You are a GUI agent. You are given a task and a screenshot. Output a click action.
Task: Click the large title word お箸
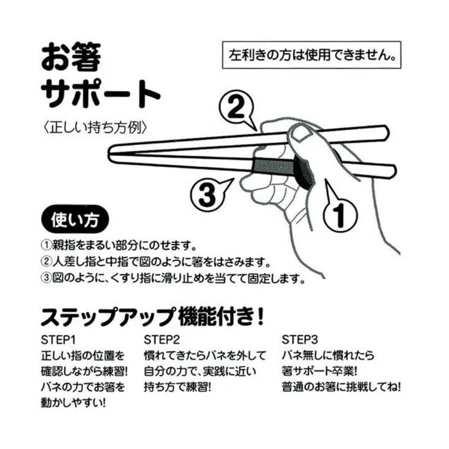(70, 57)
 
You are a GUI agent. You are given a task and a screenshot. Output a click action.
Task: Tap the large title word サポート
(100, 93)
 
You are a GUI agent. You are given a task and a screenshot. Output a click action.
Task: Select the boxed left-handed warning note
(312, 55)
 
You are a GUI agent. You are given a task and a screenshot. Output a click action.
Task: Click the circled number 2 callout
(236, 108)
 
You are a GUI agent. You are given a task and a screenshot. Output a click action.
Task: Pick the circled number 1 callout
(340, 213)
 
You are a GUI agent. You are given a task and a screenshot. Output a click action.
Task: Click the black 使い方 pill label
(75, 220)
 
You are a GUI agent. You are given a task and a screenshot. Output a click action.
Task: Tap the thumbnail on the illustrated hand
(302, 133)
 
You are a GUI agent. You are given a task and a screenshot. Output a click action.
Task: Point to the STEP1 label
(58, 340)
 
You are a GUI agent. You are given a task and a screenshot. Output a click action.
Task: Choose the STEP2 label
(162, 340)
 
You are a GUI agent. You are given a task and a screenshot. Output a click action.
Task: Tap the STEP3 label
(300, 340)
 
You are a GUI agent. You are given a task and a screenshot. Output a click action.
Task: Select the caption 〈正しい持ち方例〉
(95, 128)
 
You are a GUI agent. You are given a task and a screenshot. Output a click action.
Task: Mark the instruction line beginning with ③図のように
(173, 278)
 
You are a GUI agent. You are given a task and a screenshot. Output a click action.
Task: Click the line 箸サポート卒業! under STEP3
(319, 372)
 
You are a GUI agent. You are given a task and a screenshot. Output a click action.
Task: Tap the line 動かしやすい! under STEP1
(74, 403)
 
